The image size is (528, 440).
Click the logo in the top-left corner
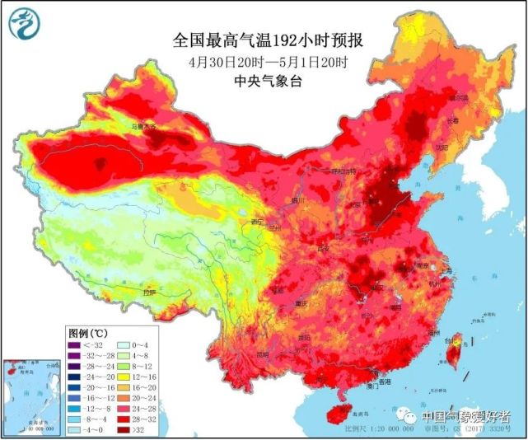25,24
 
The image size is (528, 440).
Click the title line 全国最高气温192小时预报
269,40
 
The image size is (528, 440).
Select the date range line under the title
269,61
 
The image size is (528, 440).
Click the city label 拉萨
149,292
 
